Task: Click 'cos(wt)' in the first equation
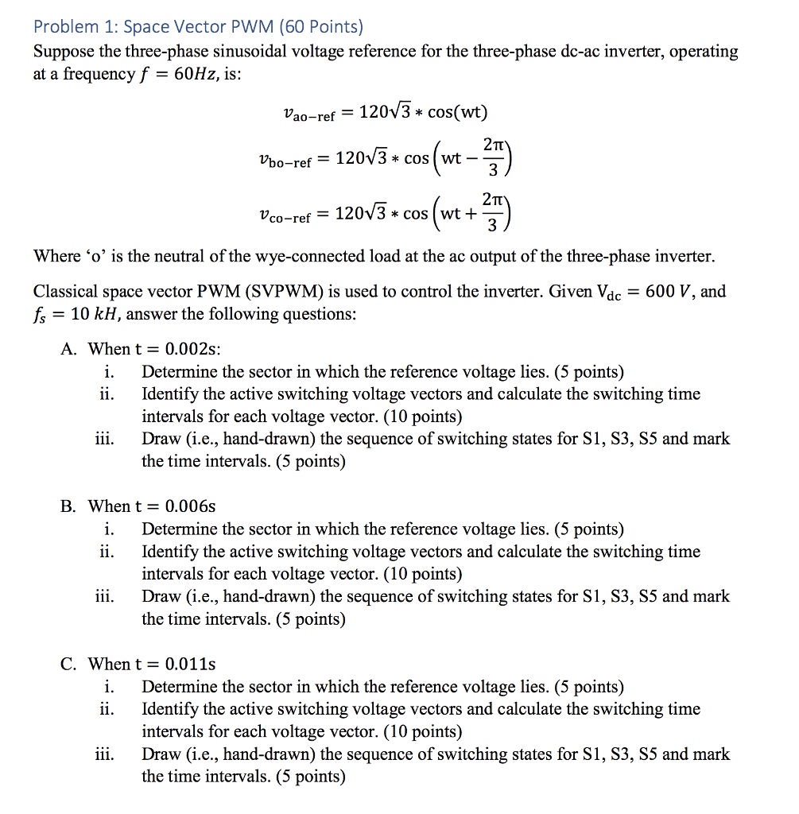457,112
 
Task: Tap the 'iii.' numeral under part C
103,754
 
